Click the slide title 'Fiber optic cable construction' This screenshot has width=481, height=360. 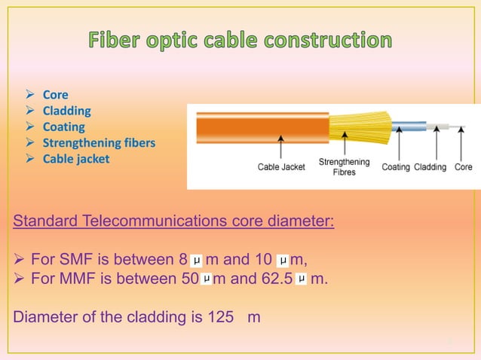[x=240, y=40]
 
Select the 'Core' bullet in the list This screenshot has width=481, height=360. [x=55, y=95]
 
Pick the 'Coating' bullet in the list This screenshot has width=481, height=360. [x=63, y=127]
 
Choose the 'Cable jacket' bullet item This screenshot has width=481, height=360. [x=75, y=159]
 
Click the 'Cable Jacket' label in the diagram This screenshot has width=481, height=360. [x=281, y=167]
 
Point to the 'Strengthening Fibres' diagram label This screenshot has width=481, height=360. [x=344, y=167]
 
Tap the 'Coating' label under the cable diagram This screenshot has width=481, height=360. [x=396, y=167]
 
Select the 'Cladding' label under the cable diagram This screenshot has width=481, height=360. [x=430, y=167]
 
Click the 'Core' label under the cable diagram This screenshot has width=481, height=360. [x=464, y=167]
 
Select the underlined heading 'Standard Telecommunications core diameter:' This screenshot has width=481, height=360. [x=174, y=222]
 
